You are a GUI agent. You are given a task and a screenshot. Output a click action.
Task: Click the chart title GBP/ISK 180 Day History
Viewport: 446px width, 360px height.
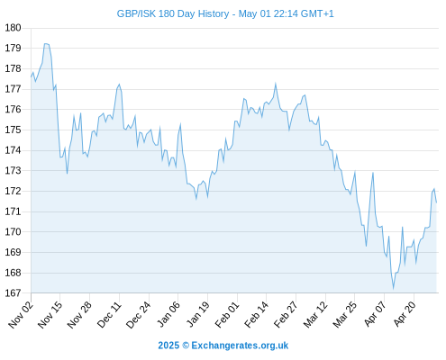pyautogui.click(x=173, y=13)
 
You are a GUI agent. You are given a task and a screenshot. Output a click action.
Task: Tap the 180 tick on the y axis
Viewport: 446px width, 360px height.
pyautogui.click(x=13, y=28)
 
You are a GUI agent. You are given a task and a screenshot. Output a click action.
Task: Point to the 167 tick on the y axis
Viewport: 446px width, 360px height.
pyautogui.click(x=13, y=292)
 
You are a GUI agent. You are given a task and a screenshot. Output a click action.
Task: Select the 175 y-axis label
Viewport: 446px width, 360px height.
pyautogui.click(x=13, y=130)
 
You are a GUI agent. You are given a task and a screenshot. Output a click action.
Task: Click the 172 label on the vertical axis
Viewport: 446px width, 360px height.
pyautogui.click(x=13, y=191)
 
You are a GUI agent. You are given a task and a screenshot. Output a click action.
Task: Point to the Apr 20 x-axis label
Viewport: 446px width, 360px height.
pyautogui.click(x=405, y=314)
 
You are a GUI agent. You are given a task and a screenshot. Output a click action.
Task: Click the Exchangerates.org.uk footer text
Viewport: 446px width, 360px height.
pyautogui.click(x=240, y=346)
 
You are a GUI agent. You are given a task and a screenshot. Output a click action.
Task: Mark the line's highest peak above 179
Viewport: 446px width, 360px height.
pyautogui.click(x=46, y=44)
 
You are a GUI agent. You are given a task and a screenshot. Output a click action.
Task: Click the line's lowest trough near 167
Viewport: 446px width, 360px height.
pyautogui.click(x=393, y=289)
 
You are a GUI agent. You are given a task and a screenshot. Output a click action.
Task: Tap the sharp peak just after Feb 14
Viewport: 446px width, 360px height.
pyautogui.click(x=275, y=83)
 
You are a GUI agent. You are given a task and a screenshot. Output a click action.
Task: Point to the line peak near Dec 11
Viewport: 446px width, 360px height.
pyautogui.click(x=119, y=85)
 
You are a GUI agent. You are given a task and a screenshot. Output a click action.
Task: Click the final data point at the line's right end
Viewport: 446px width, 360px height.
pyautogui.click(x=436, y=202)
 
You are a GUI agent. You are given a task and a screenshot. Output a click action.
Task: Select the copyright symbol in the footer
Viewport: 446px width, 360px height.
pyautogui.click(x=186, y=346)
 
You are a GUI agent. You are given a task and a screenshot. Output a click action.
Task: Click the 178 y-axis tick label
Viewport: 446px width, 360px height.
pyautogui.click(x=13, y=68)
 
